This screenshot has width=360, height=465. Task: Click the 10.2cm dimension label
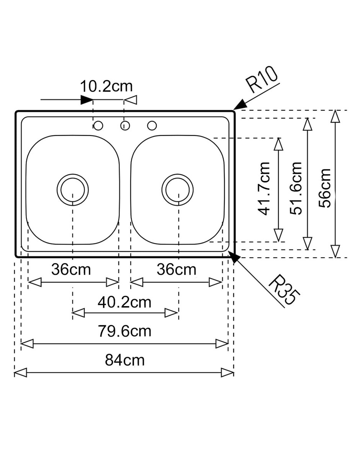tap(106, 86)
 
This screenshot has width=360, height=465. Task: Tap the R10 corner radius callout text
tap(262, 79)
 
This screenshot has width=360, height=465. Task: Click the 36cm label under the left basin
tap(71, 270)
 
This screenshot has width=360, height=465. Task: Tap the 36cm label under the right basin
tap(176, 270)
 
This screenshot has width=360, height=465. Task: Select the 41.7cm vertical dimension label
tap(264, 189)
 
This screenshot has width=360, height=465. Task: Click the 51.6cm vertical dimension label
tap(296, 188)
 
